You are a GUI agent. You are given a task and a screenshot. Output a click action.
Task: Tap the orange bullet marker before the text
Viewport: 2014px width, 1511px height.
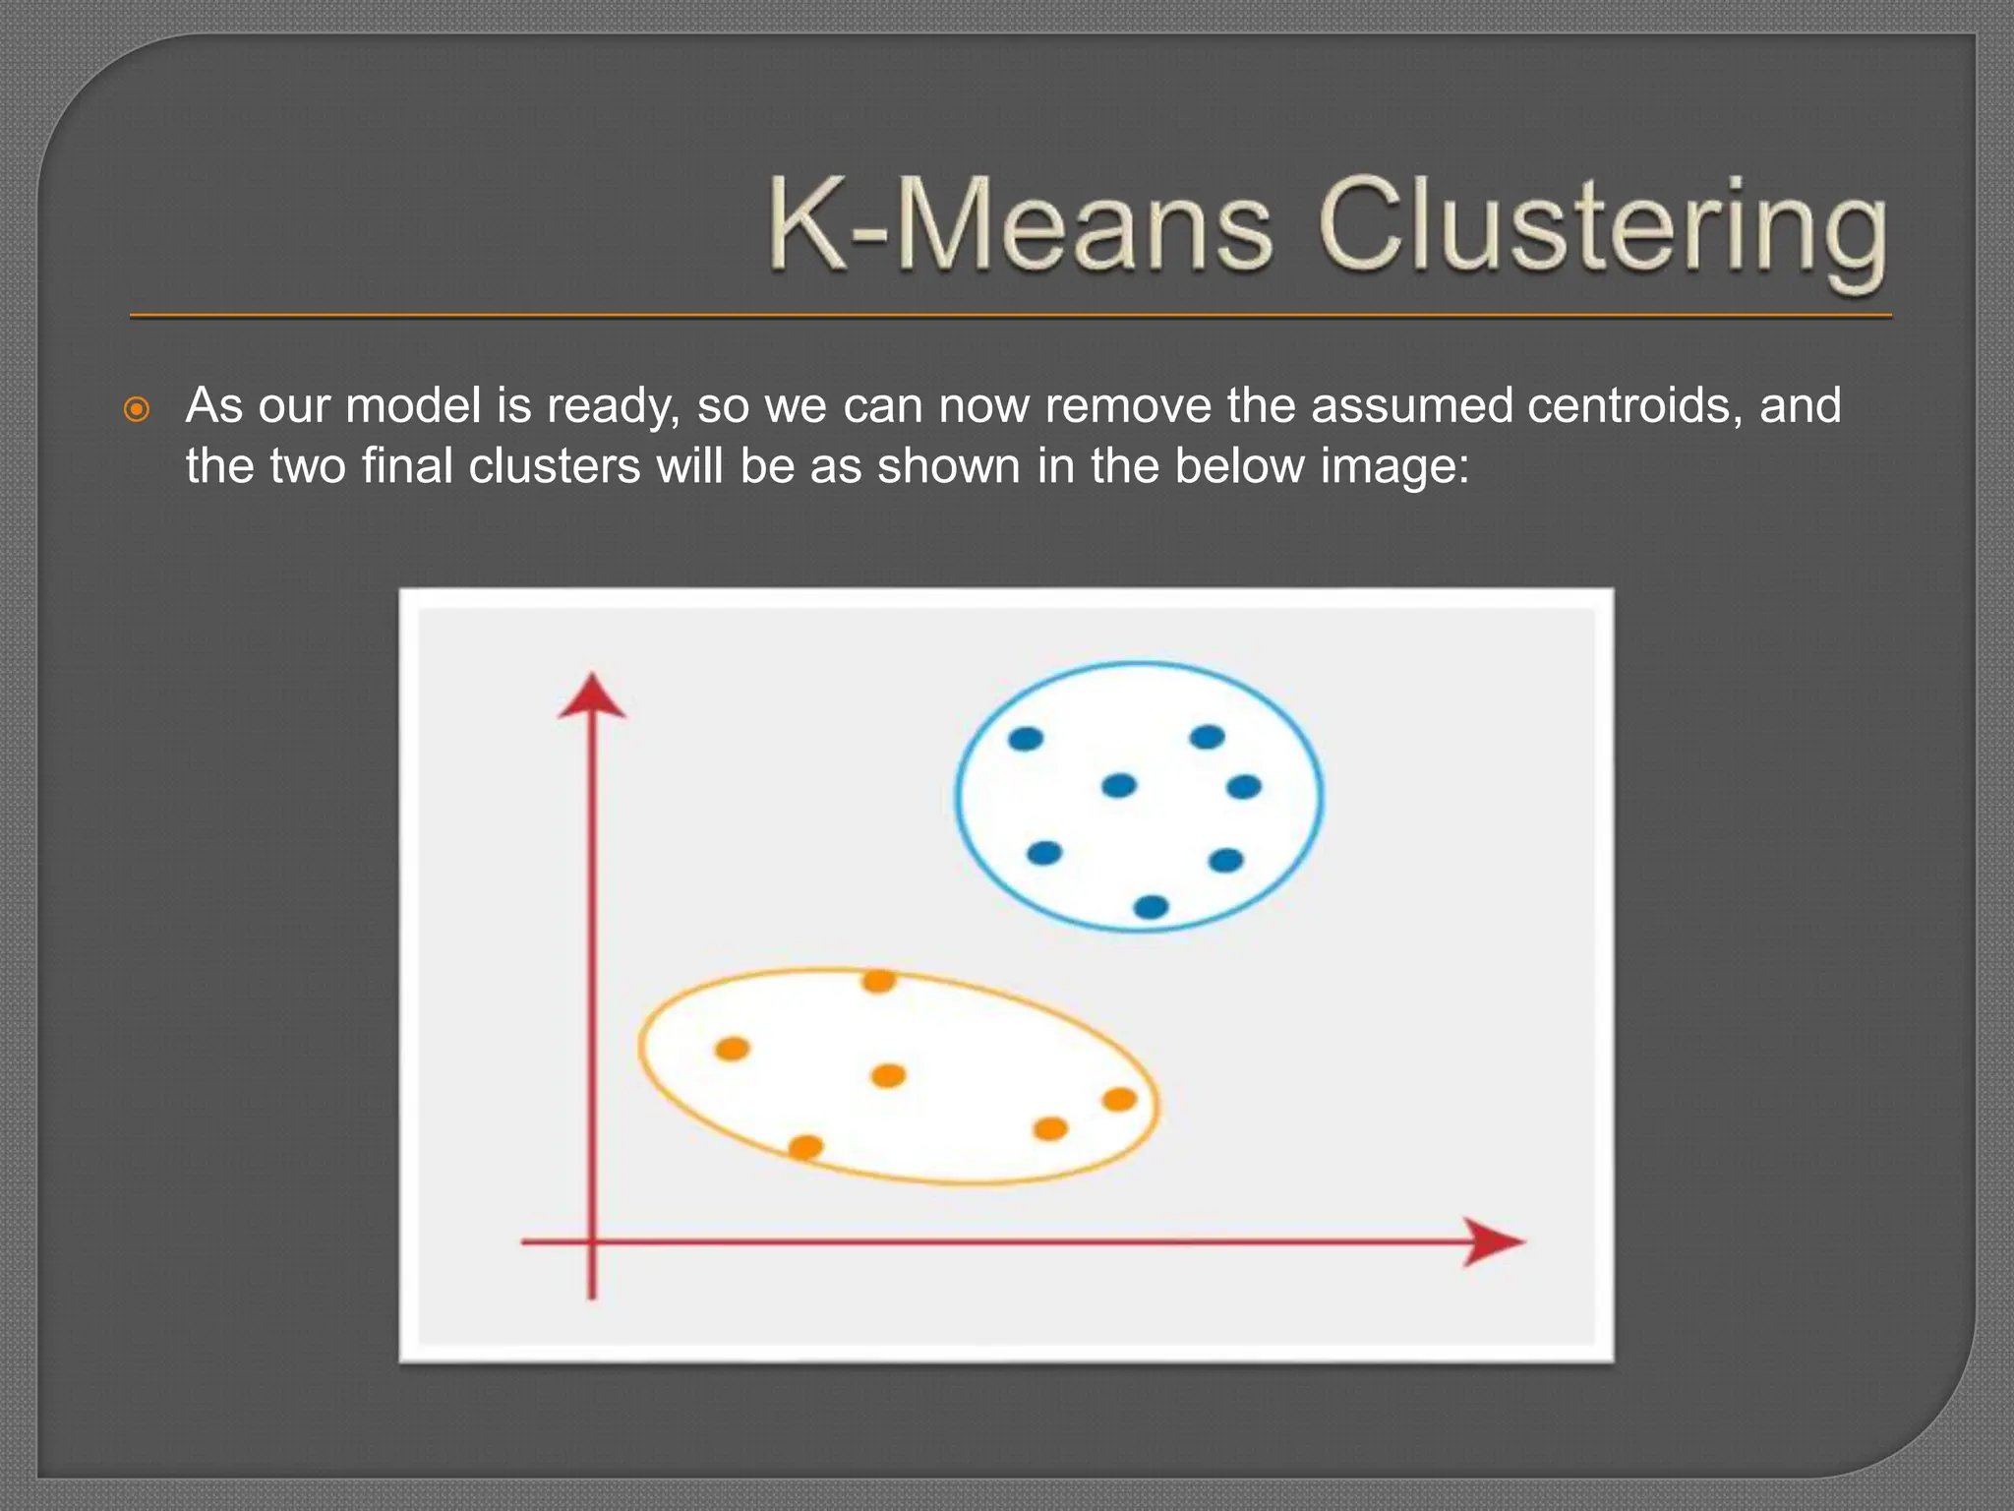138,409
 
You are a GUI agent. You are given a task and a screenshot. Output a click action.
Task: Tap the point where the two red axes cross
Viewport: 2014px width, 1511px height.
592,1242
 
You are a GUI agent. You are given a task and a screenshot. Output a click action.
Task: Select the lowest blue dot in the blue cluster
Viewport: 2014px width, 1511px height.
1151,906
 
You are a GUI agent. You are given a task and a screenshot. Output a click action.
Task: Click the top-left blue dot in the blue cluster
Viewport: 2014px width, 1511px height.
1026,739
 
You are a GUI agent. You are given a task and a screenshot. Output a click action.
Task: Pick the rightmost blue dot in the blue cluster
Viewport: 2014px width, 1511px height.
1244,787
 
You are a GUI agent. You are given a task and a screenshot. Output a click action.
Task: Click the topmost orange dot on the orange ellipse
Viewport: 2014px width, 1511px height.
878,981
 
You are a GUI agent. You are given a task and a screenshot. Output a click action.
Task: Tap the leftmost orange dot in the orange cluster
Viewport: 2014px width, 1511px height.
732,1049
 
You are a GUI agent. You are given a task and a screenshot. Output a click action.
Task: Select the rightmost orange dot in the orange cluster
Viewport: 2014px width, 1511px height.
1119,1100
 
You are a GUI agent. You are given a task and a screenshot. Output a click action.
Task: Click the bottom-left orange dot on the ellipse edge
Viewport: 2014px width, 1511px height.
805,1146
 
